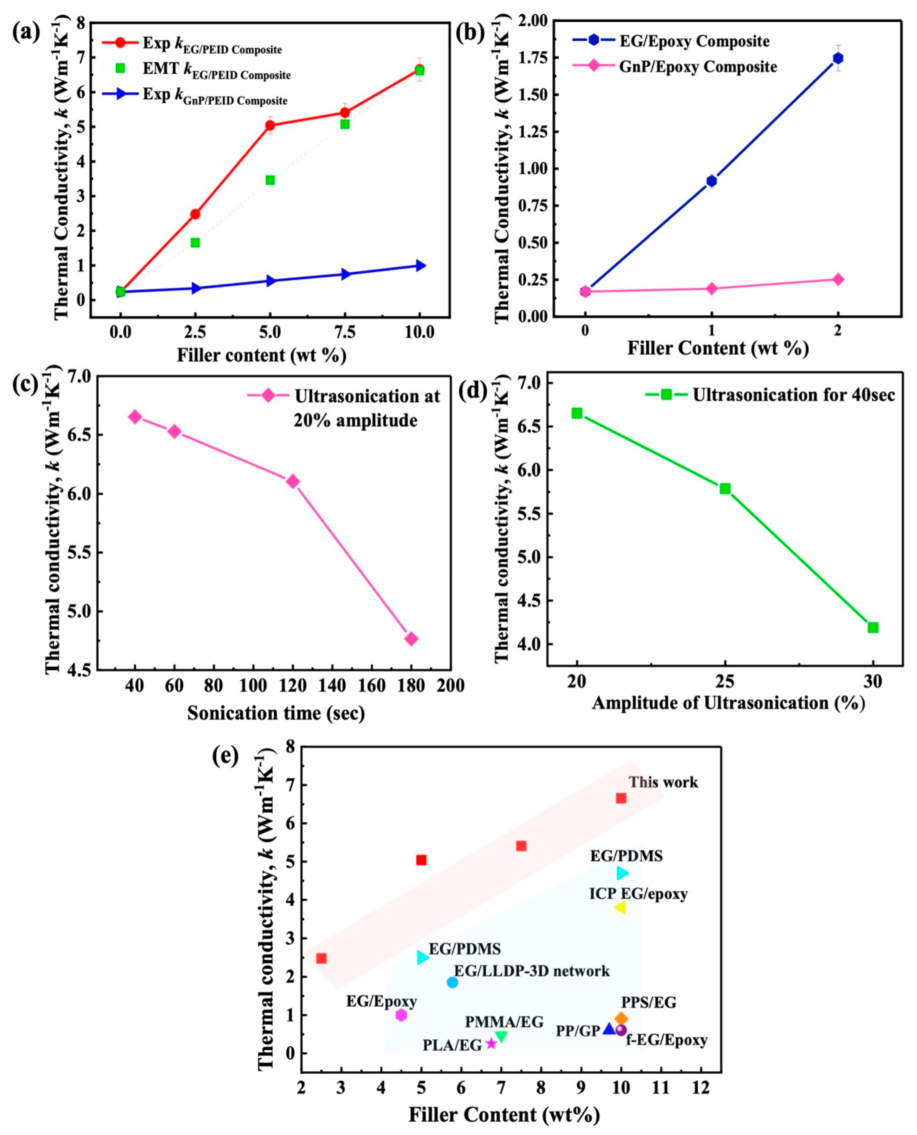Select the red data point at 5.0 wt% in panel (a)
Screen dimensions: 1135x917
tap(270, 125)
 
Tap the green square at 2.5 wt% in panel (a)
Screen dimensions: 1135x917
tap(195, 243)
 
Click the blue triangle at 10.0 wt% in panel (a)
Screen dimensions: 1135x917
tap(420, 265)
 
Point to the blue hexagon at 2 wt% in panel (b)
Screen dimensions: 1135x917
tap(838, 58)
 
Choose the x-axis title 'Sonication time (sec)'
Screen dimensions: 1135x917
tap(276, 713)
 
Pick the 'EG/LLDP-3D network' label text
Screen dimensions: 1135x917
tap(532, 971)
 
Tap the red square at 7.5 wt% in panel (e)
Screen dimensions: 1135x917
tap(521, 846)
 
